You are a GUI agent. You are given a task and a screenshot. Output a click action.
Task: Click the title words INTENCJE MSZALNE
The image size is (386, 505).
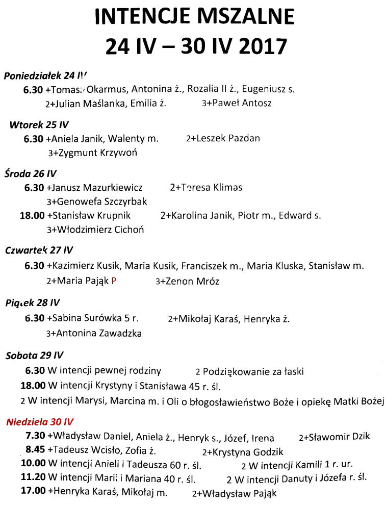pyautogui.click(x=194, y=17)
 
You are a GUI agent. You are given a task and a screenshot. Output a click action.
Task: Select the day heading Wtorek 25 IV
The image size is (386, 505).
pyautogui.click(x=39, y=124)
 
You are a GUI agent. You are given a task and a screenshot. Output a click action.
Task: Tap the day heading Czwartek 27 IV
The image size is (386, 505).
pyautogui.click(x=39, y=250)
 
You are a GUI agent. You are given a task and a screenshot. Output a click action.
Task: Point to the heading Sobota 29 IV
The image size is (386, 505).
pyautogui.click(x=35, y=356)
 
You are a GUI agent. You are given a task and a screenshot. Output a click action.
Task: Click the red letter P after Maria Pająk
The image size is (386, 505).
pyautogui.click(x=114, y=281)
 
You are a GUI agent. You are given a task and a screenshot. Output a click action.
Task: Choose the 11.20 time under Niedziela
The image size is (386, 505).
pyautogui.click(x=33, y=479)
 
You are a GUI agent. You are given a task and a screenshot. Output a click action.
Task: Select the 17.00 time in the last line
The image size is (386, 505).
pyautogui.click(x=33, y=493)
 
